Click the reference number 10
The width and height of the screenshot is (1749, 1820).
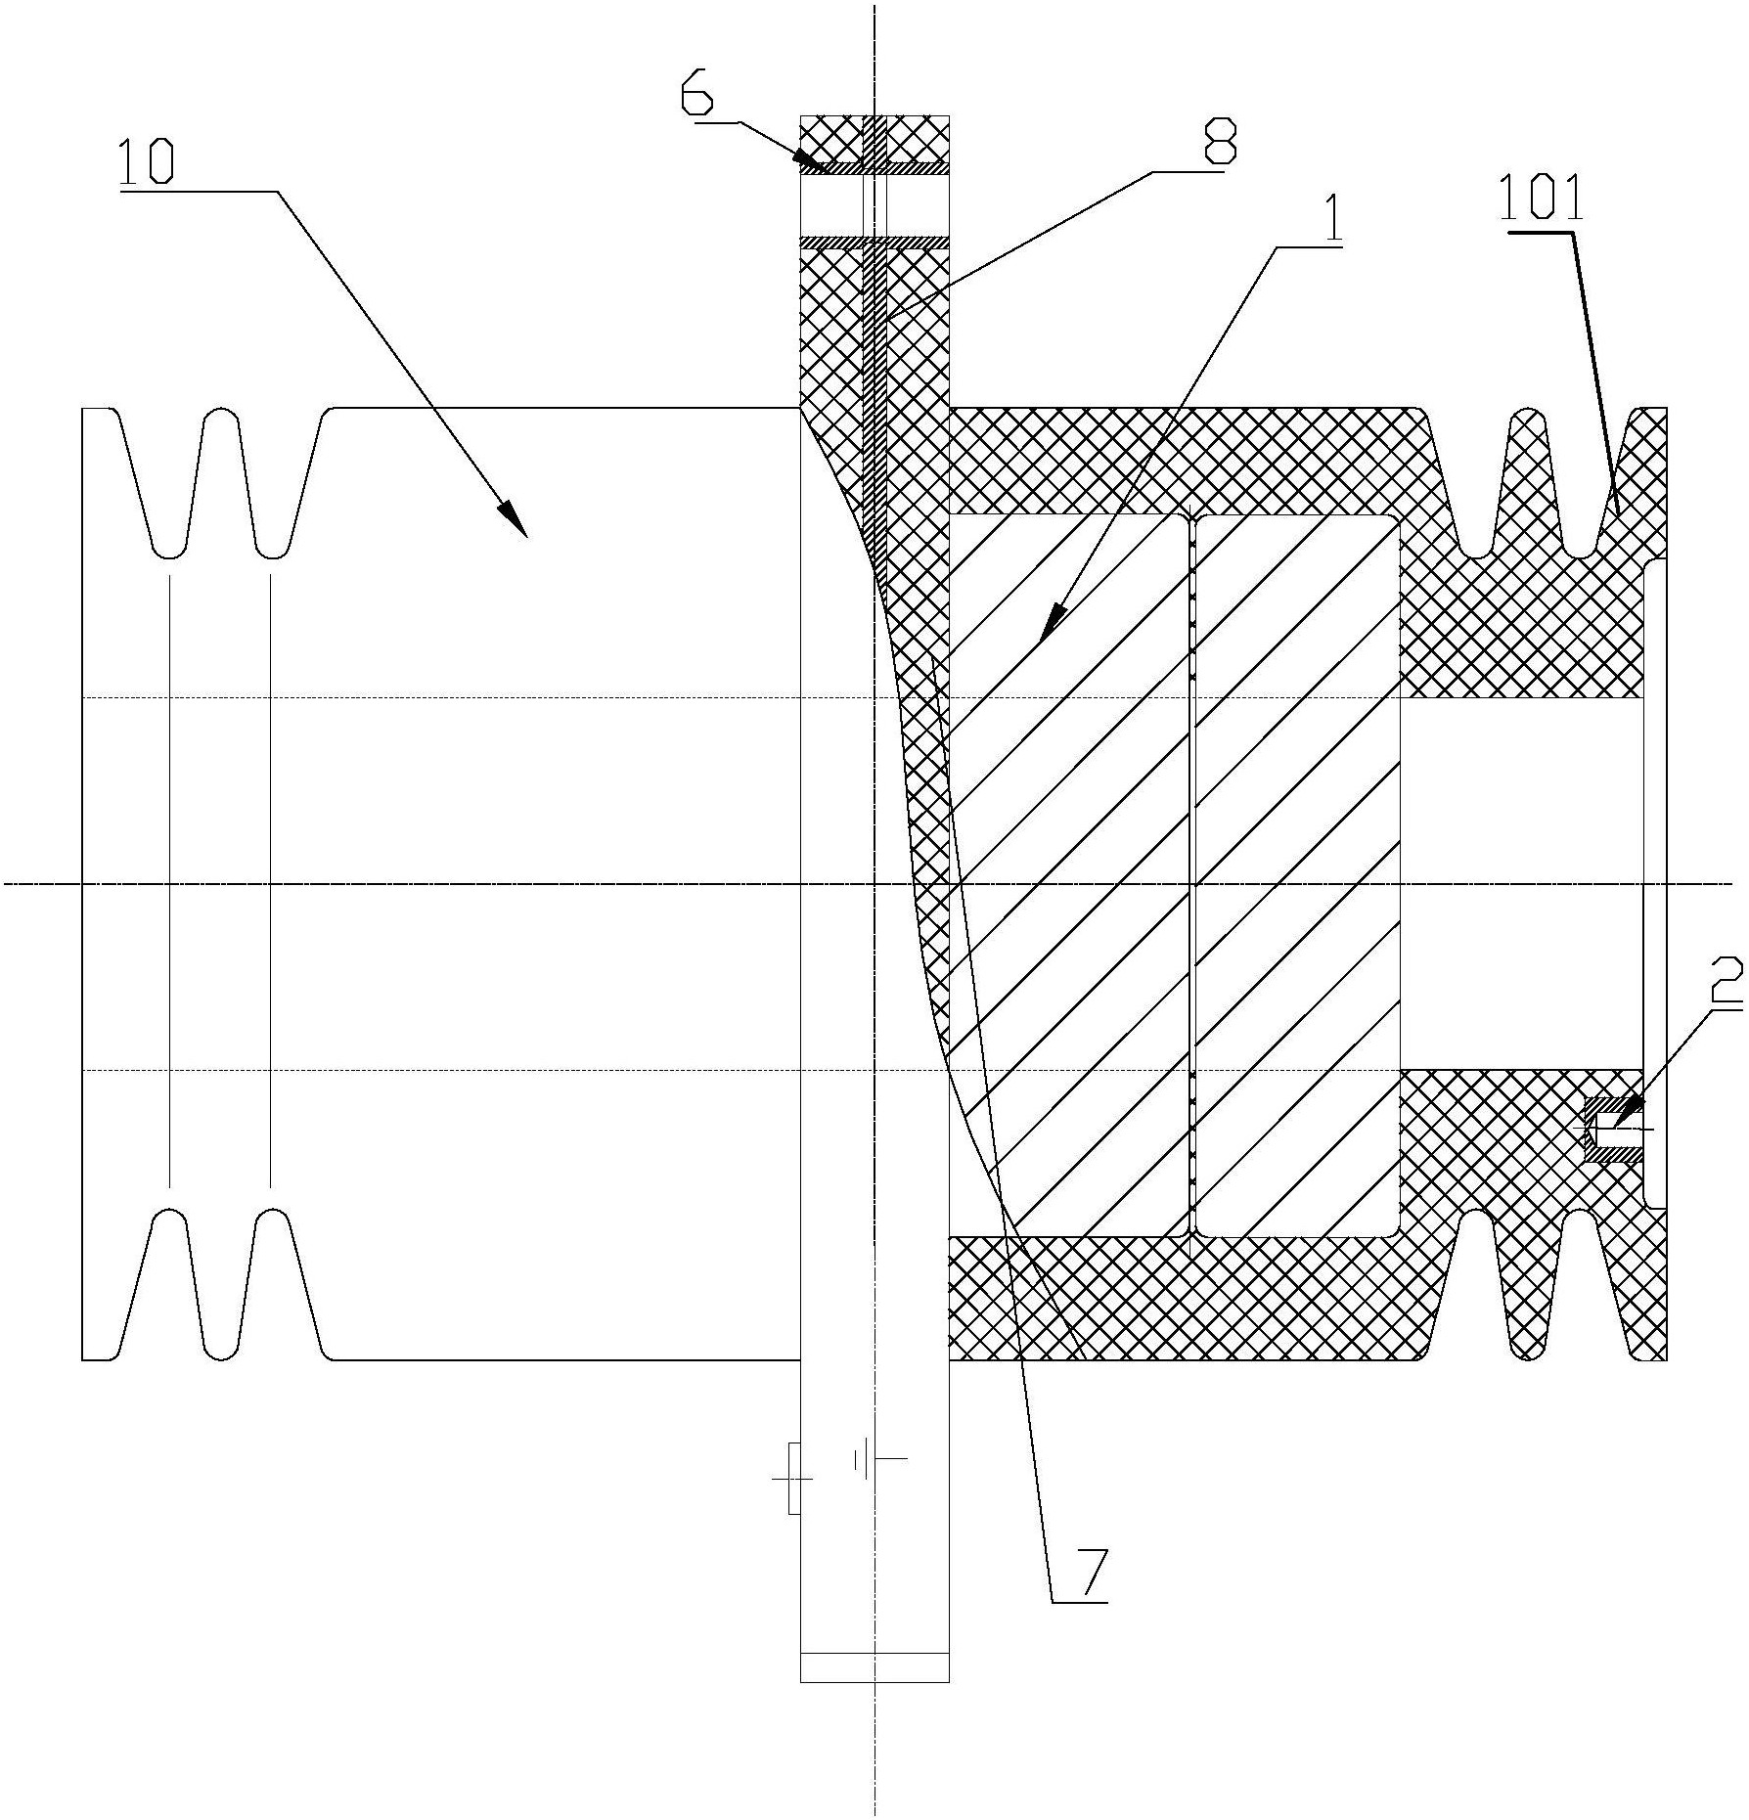146,162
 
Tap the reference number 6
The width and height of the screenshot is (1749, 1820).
700,98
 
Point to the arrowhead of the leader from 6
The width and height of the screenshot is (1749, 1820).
807,159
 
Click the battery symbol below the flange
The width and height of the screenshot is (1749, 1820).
879,1462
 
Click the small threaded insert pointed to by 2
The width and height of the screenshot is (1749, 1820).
1614,1130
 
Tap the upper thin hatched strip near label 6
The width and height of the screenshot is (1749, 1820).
874,168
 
